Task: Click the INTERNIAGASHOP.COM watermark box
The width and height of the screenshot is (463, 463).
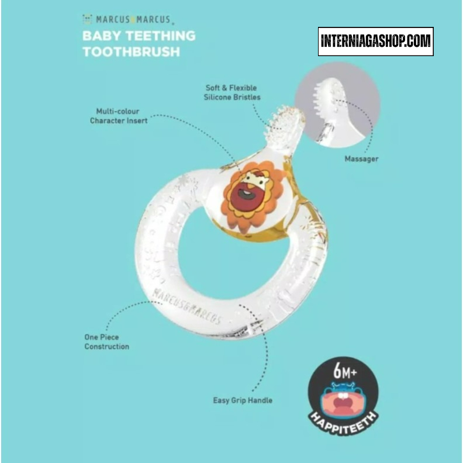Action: click(375, 42)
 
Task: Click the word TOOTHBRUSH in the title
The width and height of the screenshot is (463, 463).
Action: click(131, 51)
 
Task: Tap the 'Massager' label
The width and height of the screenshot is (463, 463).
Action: click(361, 158)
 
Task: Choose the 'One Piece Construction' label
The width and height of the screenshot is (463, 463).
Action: click(106, 341)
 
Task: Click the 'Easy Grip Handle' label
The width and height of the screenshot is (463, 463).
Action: click(242, 400)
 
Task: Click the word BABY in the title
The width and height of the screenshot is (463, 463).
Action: click(101, 35)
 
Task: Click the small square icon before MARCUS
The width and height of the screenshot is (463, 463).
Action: click(87, 19)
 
